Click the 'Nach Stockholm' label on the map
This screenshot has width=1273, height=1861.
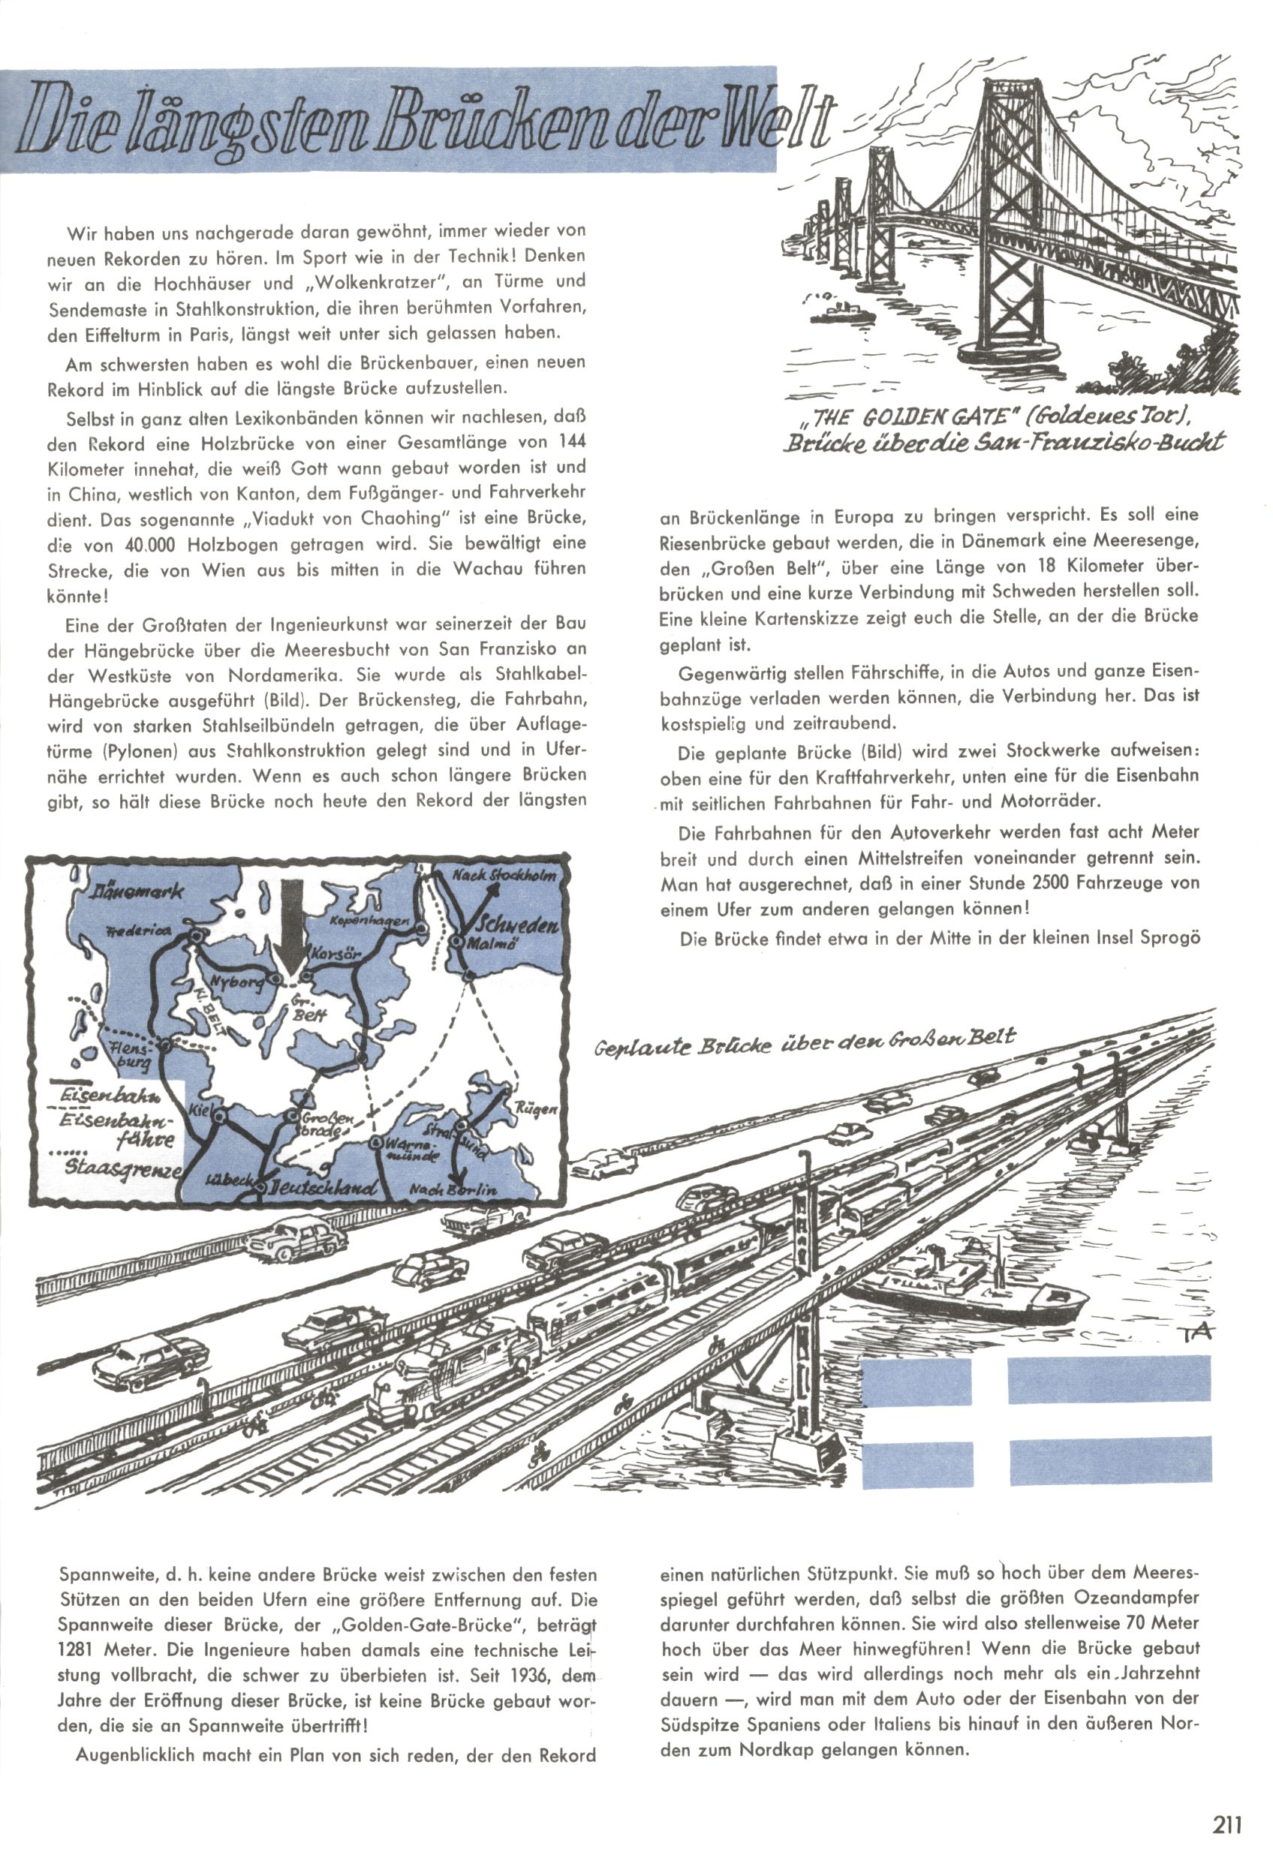(503, 875)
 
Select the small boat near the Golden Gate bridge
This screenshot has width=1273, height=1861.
(841, 311)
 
